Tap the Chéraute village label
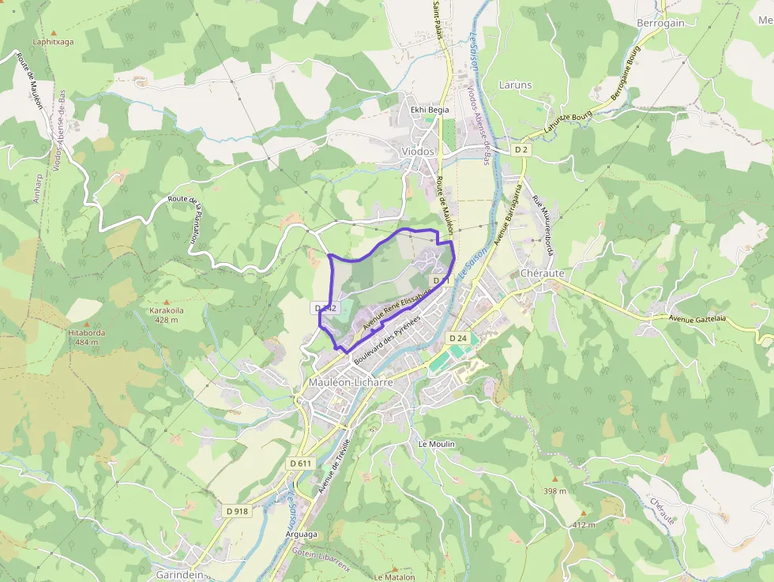[x=543, y=273]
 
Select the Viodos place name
[x=418, y=151]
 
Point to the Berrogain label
[x=660, y=24]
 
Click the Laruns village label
[x=516, y=84]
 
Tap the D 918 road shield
[x=236, y=511]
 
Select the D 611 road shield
[x=302, y=463]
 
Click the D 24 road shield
[x=459, y=338]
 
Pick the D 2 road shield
[x=521, y=149]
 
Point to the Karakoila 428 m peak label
[x=167, y=315]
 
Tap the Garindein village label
[x=179, y=575]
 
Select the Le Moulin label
[x=437, y=444]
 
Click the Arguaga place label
[x=300, y=535]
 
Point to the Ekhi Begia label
[x=430, y=110]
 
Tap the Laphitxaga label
[x=53, y=42]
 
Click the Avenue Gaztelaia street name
[x=697, y=319]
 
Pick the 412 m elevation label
[x=583, y=524]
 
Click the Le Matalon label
[x=393, y=577]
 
